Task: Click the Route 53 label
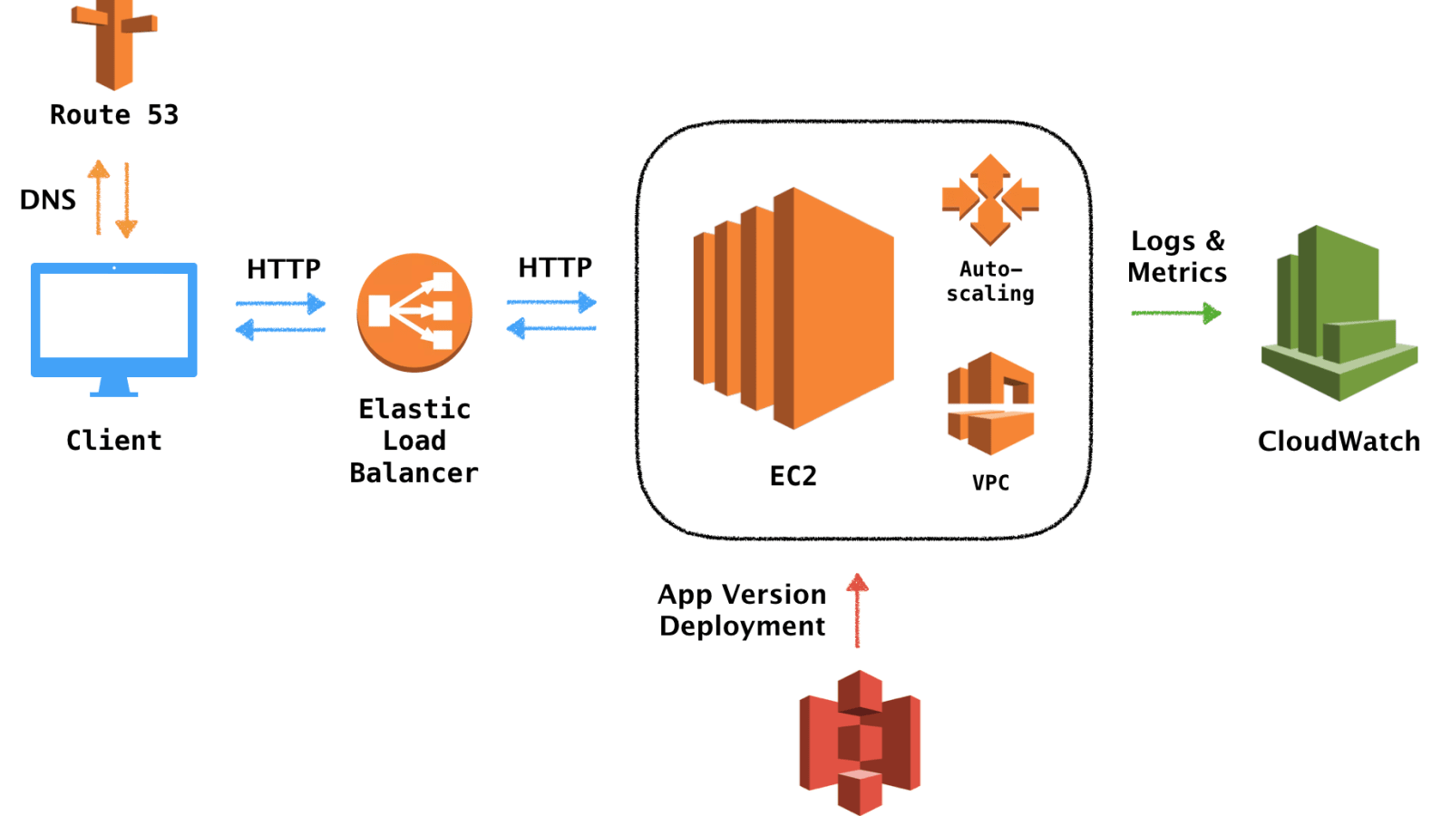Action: [x=114, y=114]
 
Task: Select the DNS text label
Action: [x=48, y=199]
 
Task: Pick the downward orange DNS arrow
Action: [x=126, y=200]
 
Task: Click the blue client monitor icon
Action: [x=114, y=329]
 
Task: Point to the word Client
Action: [x=114, y=441]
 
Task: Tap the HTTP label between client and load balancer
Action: [x=284, y=268]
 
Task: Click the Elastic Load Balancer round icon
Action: [x=414, y=312]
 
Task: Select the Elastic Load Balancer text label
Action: [x=414, y=441]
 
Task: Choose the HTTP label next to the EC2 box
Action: [x=555, y=267]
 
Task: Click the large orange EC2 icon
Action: [x=794, y=308]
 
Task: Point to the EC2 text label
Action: [x=794, y=476]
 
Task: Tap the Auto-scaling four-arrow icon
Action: [x=990, y=199]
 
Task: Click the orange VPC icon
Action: [x=990, y=403]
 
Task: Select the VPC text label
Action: [x=991, y=482]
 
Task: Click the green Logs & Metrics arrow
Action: [x=1176, y=314]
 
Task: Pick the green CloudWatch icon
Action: [x=1339, y=313]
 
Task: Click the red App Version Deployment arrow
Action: [x=857, y=610]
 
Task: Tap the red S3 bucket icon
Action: [x=861, y=743]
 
